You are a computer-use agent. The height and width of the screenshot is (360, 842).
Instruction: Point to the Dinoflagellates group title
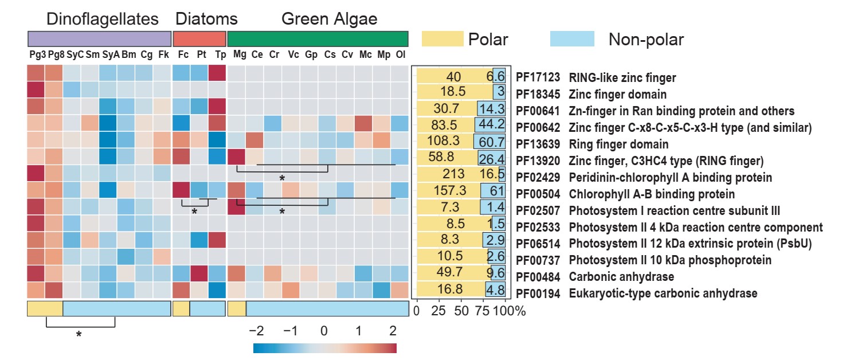103,19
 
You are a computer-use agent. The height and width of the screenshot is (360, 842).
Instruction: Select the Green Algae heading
329,19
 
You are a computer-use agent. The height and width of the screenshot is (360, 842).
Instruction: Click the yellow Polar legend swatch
442,39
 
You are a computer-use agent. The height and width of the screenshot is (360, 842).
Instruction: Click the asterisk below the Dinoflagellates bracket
79,334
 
